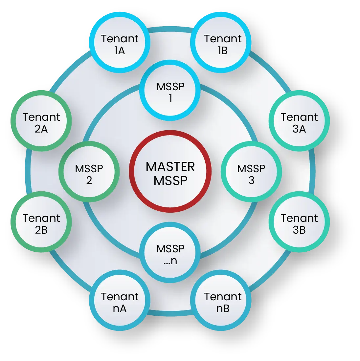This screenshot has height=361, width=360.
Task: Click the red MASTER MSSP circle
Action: tap(170, 171)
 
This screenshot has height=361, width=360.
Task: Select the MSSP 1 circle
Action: tap(170, 90)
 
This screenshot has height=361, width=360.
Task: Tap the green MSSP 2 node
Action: tap(89, 172)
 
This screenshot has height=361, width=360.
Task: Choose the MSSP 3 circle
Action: tap(251, 172)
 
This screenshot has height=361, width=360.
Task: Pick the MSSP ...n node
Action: tap(170, 252)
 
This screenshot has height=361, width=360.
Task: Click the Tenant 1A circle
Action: tap(120, 42)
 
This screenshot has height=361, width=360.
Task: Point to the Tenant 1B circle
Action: tap(221, 42)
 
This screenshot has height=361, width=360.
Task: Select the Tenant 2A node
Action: tap(41, 121)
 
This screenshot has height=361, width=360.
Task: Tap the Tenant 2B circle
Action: tap(41, 222)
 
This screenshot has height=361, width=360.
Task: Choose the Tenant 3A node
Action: tap(299, 121)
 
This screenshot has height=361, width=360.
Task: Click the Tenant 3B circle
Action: tap(299, 222)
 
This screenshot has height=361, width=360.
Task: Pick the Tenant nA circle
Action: tap(120, 300)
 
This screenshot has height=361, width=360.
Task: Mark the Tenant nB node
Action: tap(221, 300)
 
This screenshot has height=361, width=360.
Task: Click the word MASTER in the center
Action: tap(170, 167)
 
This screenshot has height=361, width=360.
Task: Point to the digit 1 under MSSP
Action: tap(170, 98)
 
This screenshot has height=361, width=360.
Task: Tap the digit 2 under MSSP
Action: tap(89, 180)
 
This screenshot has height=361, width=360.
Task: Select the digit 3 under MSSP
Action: tap(252, 180)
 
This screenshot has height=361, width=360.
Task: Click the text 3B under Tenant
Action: tap(299, 230)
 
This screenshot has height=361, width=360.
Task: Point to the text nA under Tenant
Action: tap(120, 309)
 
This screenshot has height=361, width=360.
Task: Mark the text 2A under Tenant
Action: tap(41, 129)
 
